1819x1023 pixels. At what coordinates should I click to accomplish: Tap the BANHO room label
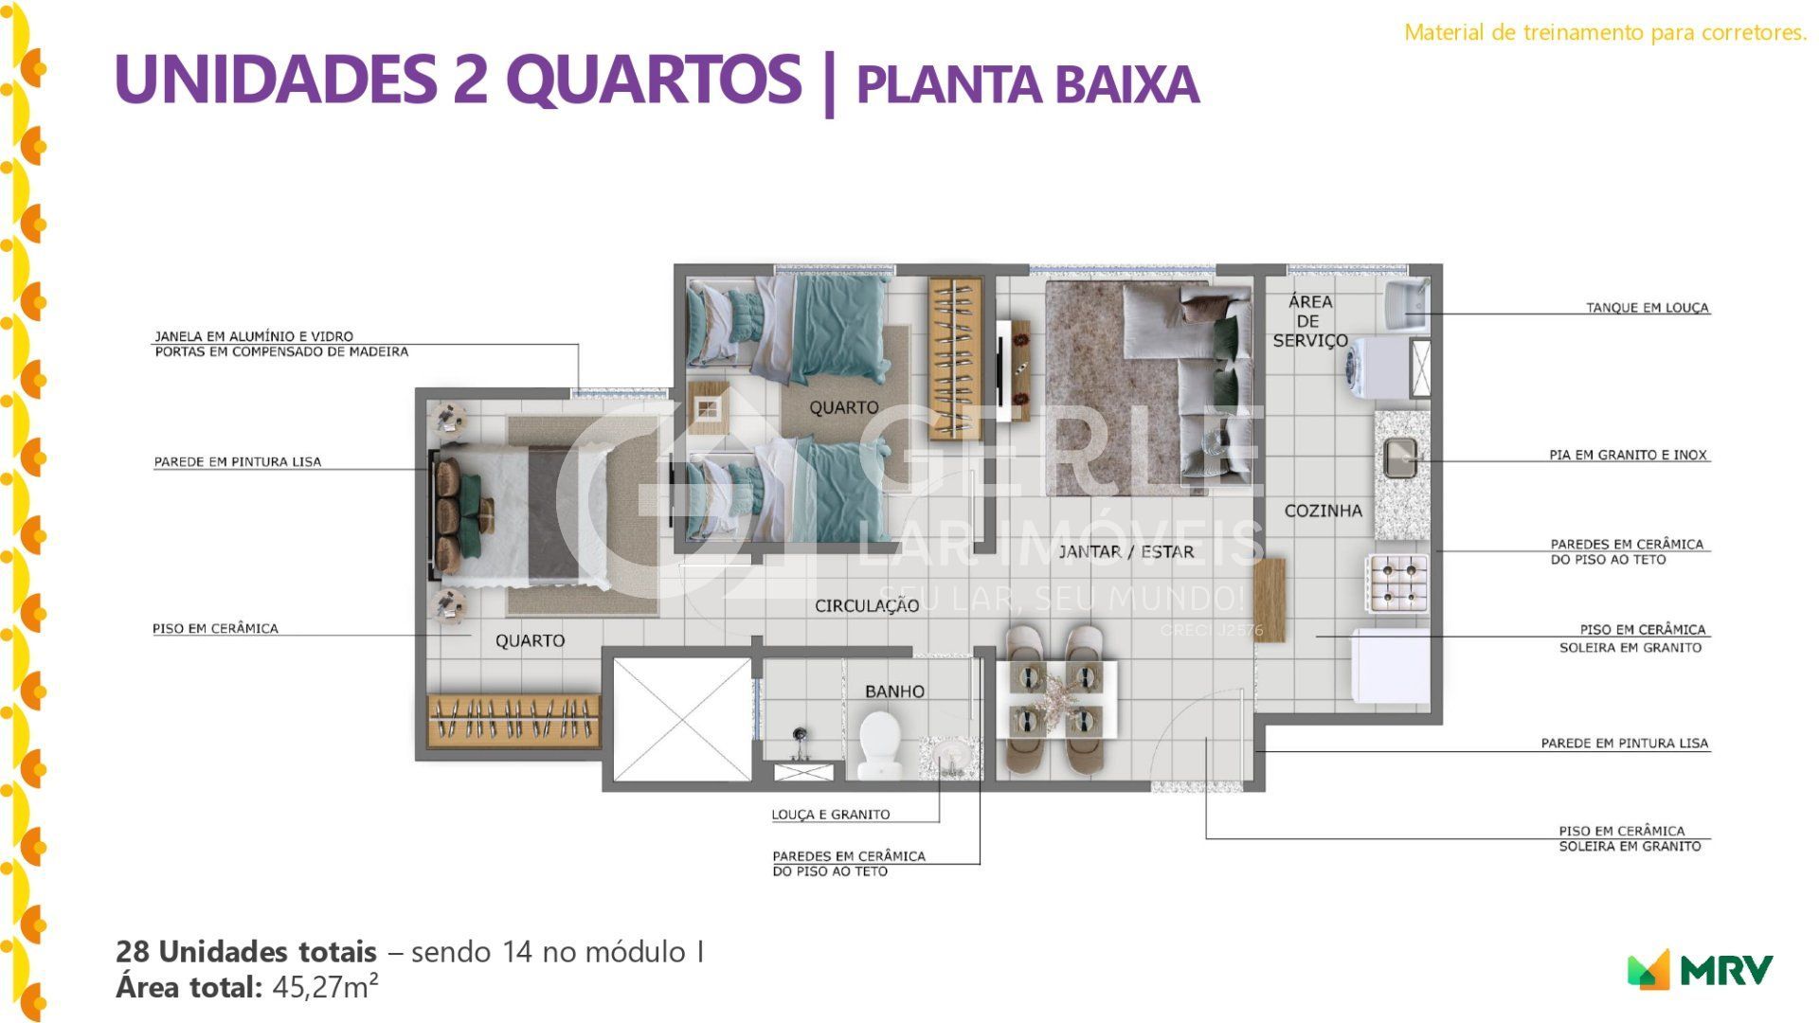[x=894, y=691]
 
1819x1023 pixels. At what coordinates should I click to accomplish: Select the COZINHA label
[x=1323, y=511]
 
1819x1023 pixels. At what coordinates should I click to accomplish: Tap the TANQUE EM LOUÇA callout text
[x=1648, y=308]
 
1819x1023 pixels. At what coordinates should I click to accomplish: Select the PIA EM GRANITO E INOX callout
[x=1628, y=455]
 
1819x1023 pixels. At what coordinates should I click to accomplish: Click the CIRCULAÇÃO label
[x=867, y=606]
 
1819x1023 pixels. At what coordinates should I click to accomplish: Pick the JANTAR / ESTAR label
[x=1126, y=551]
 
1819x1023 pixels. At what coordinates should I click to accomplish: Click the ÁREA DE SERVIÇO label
[x=1310, y=321]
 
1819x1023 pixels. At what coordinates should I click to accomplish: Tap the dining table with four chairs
[x=1055, y=699]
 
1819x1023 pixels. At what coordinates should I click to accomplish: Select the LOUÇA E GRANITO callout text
[x=831, y=815]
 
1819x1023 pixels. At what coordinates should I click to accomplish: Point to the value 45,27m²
[x=326, y=987]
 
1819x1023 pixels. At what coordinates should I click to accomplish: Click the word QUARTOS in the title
[x=659, y=79]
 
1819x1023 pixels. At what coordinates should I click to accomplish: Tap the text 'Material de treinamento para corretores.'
[x=1606, y=32]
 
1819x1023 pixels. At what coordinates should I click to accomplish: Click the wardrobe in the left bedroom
[x=513, y=720]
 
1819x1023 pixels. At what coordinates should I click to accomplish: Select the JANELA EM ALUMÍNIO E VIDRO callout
[x=254, y=336]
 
